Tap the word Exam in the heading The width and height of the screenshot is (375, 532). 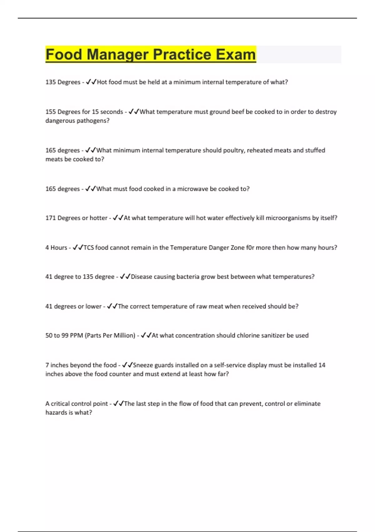tap(236, 54)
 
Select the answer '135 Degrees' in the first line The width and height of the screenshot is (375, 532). tap(63, 82)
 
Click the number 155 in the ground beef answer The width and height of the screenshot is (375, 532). tap(51, 112)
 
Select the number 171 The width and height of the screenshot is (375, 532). tap(50, 218)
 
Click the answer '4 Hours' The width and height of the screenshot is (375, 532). tap(56, 248)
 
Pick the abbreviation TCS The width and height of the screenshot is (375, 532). tap(89, 248)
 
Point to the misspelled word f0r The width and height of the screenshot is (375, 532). tap(250, 248)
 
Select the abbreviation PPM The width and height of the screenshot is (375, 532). tap(76, 335)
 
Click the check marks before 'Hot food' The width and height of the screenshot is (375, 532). tap(91, 82)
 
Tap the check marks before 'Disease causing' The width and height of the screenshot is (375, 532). tap(125, 277)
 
